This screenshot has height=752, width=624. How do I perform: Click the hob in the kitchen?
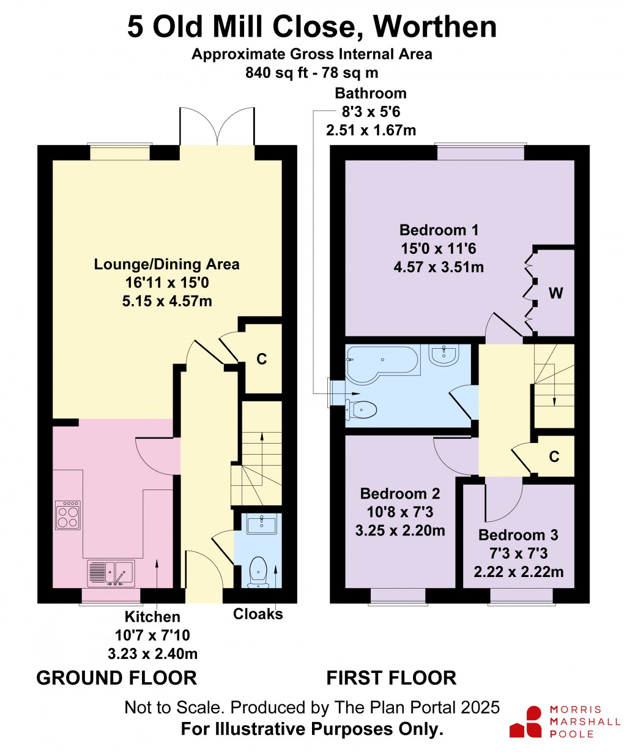click(x=68, y=515)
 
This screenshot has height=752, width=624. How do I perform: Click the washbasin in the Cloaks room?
click(x=261, y=526)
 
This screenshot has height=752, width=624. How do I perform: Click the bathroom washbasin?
click(x=444, y=356)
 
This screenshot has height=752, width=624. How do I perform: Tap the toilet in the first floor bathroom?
click(x=360, y=409)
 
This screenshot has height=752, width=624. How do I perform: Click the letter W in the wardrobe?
click(x=555, y=293)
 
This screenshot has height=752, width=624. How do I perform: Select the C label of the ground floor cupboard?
click(x=261, y=359)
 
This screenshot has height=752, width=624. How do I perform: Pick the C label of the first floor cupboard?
click(x=554, y=456)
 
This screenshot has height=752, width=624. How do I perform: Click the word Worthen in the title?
click(x=434, y=27)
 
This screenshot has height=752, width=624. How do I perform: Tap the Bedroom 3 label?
click(x=518, y=535)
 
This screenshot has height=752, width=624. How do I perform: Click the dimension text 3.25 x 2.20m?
click(x=400, y=530)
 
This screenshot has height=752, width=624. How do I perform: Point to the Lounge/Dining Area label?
click(x=167, y=264)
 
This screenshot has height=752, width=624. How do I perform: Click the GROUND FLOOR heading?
click(x=117, y=678)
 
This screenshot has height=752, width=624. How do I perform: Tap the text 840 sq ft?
click(x=277, y=73)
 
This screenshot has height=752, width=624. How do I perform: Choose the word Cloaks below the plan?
click(x=258, y=614)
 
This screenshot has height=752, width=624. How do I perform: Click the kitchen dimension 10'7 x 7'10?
click(x=152, y=635)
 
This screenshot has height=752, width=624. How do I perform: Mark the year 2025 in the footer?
click(x=480, y=707)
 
